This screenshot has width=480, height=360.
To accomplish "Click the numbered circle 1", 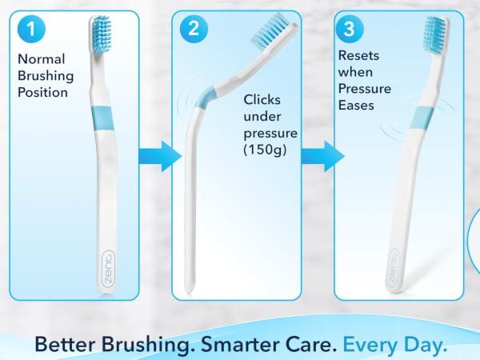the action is [x=31, y=29].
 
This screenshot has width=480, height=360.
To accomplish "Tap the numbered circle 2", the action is [x=194, y=29].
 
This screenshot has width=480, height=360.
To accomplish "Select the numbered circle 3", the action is [x=350, y=29].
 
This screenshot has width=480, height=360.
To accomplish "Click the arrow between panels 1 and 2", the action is [x=160, y=157].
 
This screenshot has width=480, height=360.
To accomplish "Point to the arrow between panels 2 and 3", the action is [x=322, y=157].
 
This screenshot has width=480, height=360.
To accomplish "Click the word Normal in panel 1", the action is [x=42, y=58].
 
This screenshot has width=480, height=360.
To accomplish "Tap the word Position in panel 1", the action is [x=42, y=92].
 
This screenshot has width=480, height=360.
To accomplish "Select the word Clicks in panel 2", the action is [x=262, y=99].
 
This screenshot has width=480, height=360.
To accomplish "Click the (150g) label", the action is [x=265, y=150].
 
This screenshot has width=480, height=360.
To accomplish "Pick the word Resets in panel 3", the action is [x=358, y=55].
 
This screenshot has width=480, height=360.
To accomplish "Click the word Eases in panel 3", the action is [x=356, y=106].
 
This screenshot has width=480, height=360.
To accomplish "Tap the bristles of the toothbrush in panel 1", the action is [x=102, y=34].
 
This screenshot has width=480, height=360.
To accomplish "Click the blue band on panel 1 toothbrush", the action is [x=102, y=118].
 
